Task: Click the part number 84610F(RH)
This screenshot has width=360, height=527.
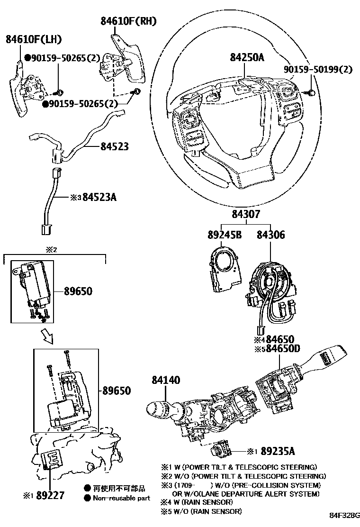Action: tap(127, 21)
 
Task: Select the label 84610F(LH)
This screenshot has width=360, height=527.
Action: tap(34, 39)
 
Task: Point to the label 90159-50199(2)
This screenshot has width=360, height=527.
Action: tap(318, 70)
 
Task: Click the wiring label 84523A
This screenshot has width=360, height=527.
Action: tap(99, 197)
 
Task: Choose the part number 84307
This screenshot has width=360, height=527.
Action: tap(246, 215)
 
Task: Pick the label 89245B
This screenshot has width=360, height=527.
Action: tap(224, 235)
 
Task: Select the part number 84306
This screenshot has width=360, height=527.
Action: tap(271, 235)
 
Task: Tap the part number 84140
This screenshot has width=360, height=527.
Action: tap(166, 380)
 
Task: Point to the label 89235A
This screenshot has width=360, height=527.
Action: tap(278, 452)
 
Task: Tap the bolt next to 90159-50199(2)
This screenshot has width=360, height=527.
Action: tap(312, 93)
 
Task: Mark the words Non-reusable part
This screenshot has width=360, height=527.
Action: tap(121, 498)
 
